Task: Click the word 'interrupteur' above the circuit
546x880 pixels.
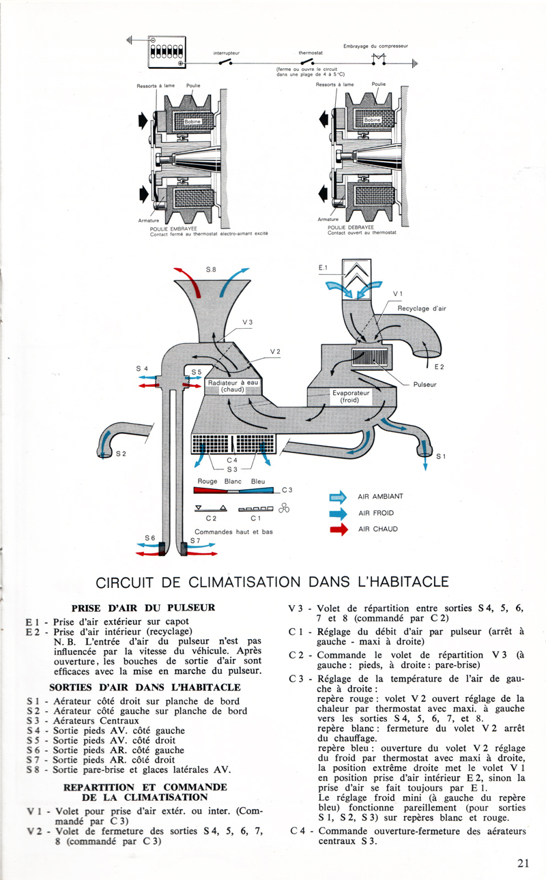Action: [227, 53]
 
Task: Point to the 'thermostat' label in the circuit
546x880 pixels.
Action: [313, 53]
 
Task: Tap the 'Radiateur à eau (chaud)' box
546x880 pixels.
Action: [233, 386]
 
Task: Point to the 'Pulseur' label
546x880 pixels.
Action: [425, 384]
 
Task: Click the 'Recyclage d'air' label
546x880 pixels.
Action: [422, 308]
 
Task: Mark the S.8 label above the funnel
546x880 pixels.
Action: [212, 270]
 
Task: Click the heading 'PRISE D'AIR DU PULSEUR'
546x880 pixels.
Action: [143, 607]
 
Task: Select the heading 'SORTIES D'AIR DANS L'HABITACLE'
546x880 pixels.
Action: [143, 686]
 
